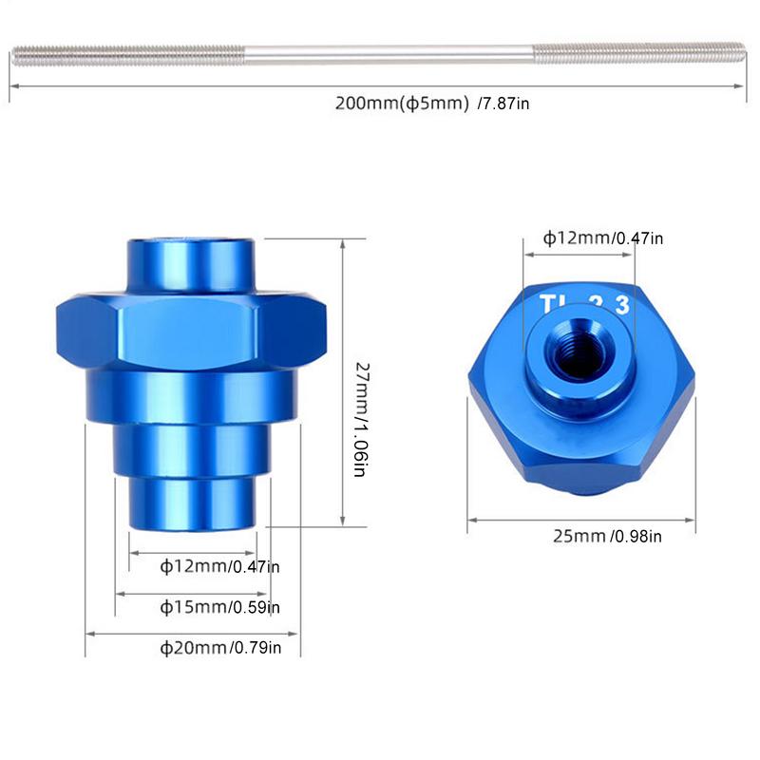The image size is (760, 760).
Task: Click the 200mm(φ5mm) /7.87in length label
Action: coord(432,104)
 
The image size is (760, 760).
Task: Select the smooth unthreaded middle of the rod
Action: coord(380,55)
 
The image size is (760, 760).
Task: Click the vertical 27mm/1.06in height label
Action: coord(360,418)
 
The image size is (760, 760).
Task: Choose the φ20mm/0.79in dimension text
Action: coord(220,648)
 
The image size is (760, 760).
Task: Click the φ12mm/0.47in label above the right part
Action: coord(603,238)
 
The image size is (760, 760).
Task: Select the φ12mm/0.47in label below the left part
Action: coord(219,567)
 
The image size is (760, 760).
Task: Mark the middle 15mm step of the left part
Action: coord(194,450)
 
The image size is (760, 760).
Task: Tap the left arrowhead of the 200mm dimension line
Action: coord(12,85)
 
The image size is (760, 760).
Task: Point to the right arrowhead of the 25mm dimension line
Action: coord(694,519)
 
